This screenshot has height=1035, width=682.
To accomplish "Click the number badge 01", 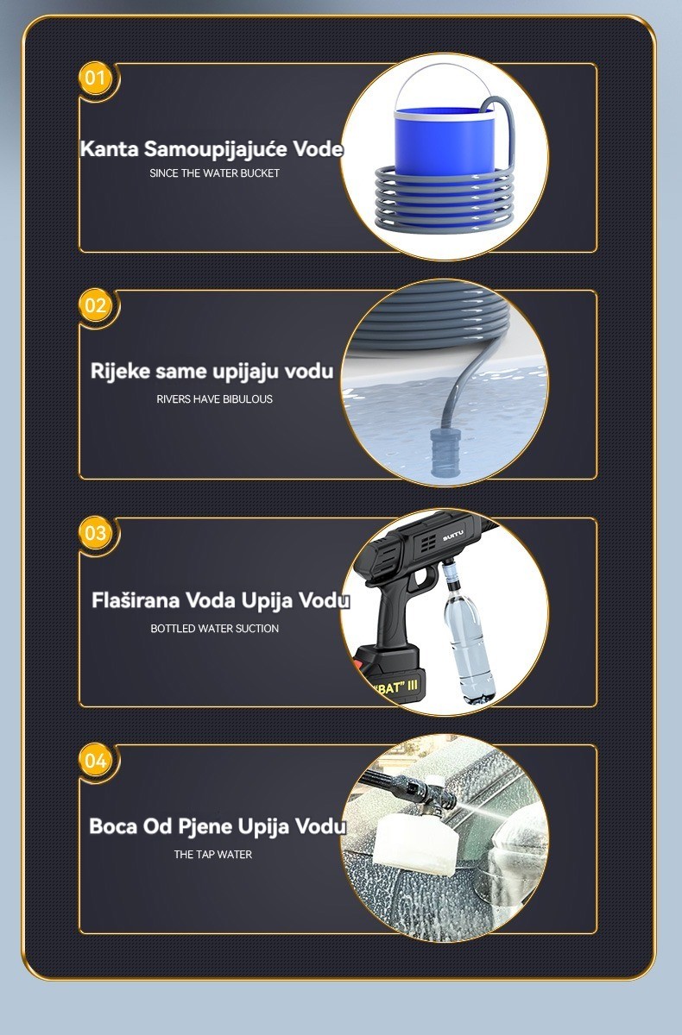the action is pos(95,78).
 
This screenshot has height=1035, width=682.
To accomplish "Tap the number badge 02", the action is pos(95,305).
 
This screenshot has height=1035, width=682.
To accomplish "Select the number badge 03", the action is pos(95,533).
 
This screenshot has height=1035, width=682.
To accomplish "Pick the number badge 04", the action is pos(95,760).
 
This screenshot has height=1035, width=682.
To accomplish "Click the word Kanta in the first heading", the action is pos(109,148).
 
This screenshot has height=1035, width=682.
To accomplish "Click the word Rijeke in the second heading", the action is pos(120,372).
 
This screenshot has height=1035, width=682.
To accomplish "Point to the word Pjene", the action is pos(205,826).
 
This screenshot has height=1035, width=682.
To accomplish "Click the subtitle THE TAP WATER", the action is pos(213,855).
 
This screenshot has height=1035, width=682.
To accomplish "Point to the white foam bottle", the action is pos(415,842).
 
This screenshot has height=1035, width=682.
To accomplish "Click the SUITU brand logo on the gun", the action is pos(453,535).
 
